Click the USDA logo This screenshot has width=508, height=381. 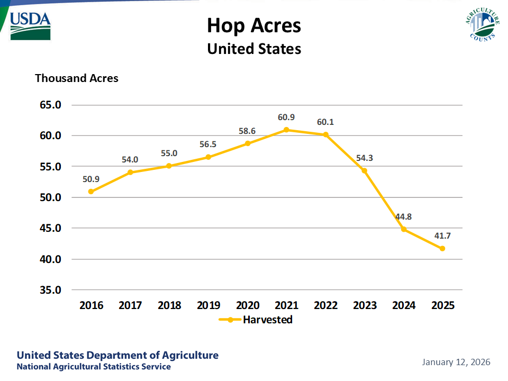pos(30,25)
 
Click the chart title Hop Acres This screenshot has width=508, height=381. pos(254,25)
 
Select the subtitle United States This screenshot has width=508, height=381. pos(254,49)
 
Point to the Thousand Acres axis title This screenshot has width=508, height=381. pos(77,78)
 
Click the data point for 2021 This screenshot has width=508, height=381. pos(286,130)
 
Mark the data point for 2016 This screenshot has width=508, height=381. pos(91,192)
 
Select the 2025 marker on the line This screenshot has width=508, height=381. pos(442,248)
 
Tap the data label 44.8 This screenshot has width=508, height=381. pos(403,216)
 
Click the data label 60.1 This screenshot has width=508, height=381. pos(325,122)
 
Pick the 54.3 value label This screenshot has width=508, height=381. pos(364,158)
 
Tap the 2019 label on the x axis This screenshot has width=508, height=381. pos(208,305)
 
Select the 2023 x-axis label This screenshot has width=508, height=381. pos(365,305)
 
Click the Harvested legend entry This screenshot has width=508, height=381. pos(256,320)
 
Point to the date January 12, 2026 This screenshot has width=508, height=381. pos(456,362)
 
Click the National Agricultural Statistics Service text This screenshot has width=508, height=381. pos(94,367)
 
